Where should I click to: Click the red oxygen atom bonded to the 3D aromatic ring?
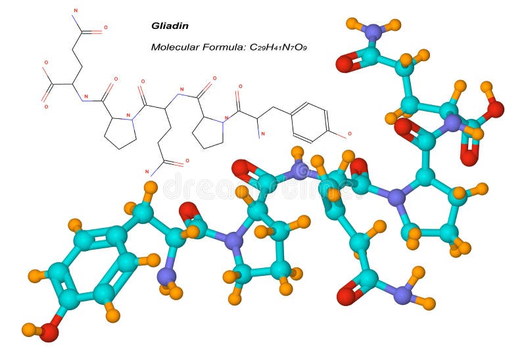pos(49,332)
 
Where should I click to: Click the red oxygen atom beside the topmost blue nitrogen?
pos(344,64)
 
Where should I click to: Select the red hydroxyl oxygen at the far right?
pos(494,108)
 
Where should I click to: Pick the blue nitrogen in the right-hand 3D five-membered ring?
pos(396,195)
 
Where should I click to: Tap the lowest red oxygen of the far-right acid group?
pos(469,158)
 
